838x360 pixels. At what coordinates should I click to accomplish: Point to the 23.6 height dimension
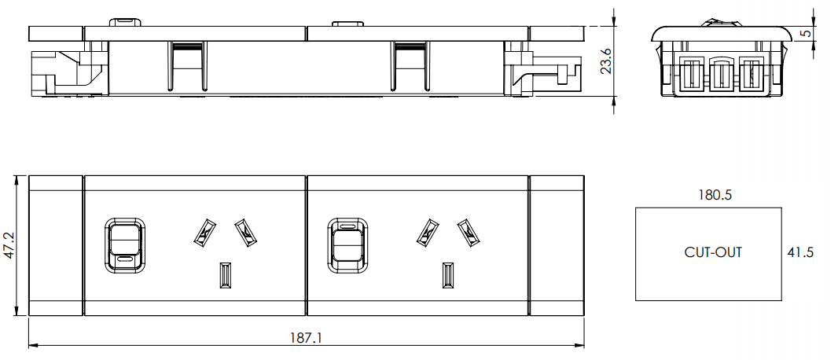pos(606,61)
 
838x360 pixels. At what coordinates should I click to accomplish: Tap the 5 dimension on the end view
pos(826,34)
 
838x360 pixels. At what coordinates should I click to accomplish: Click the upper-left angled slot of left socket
pos(204,232)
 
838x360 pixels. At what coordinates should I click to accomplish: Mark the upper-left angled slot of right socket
pos(427,232)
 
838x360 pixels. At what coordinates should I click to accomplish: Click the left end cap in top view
pos(55,245)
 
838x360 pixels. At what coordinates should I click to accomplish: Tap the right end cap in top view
pos(557,245)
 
